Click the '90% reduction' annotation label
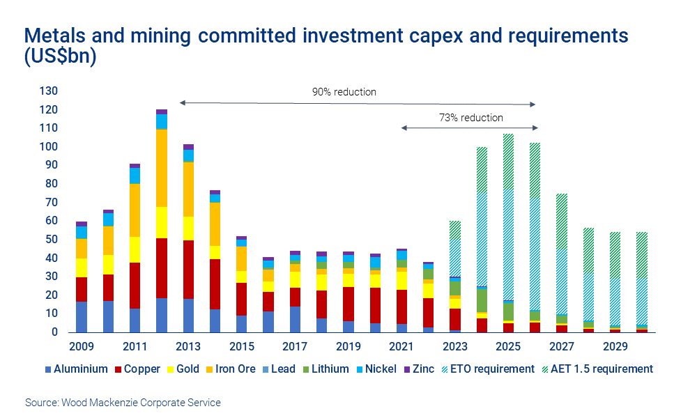[344, 92]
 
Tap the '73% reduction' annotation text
[471, 118]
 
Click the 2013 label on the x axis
[188, 346]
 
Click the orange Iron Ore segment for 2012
[162, 168]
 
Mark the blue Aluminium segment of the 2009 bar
[82, 317]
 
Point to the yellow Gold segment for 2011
[135, 249]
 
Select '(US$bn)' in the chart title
[60, 58]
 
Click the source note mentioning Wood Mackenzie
[123, 403]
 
